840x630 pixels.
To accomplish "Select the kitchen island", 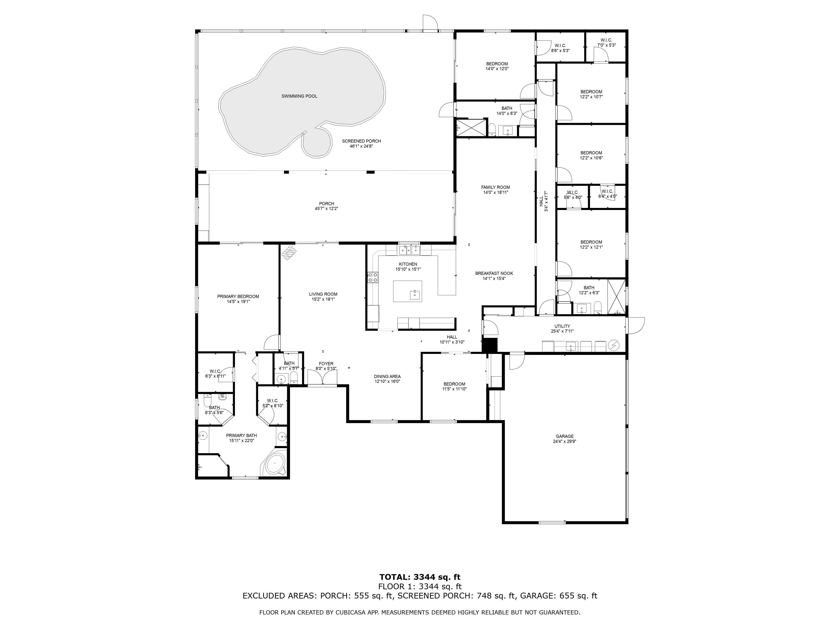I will [x=407, y=291].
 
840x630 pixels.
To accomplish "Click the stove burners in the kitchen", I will [x=373, y=277].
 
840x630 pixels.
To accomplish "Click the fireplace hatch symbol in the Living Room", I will [x=290, y=253].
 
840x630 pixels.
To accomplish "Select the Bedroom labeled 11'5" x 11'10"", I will [x=454, y=386].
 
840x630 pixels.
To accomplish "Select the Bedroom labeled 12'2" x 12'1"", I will [x=591, y=245].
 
